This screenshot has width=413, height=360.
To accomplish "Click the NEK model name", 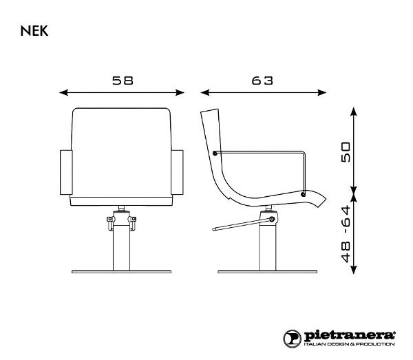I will pyautogui.click(x=34, y=31).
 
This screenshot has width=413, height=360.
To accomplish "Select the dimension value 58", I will pyautogui.click(x=123, y=80).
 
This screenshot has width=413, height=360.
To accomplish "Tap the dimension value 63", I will pyautogui.click(x=262, y=80).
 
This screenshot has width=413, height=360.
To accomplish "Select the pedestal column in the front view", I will pyautogui.click(x=122, y=244).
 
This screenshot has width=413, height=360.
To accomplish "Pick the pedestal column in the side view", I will pyautogui.click(x=264, y=244).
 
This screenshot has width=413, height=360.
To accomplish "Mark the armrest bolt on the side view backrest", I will pyautogui.click(x=216, y=153).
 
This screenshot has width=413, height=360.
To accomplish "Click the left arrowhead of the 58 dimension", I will pyautogui.click(x=62, y=92).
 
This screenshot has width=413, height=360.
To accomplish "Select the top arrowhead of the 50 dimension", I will pyautogui.click(x=354, y=109).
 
